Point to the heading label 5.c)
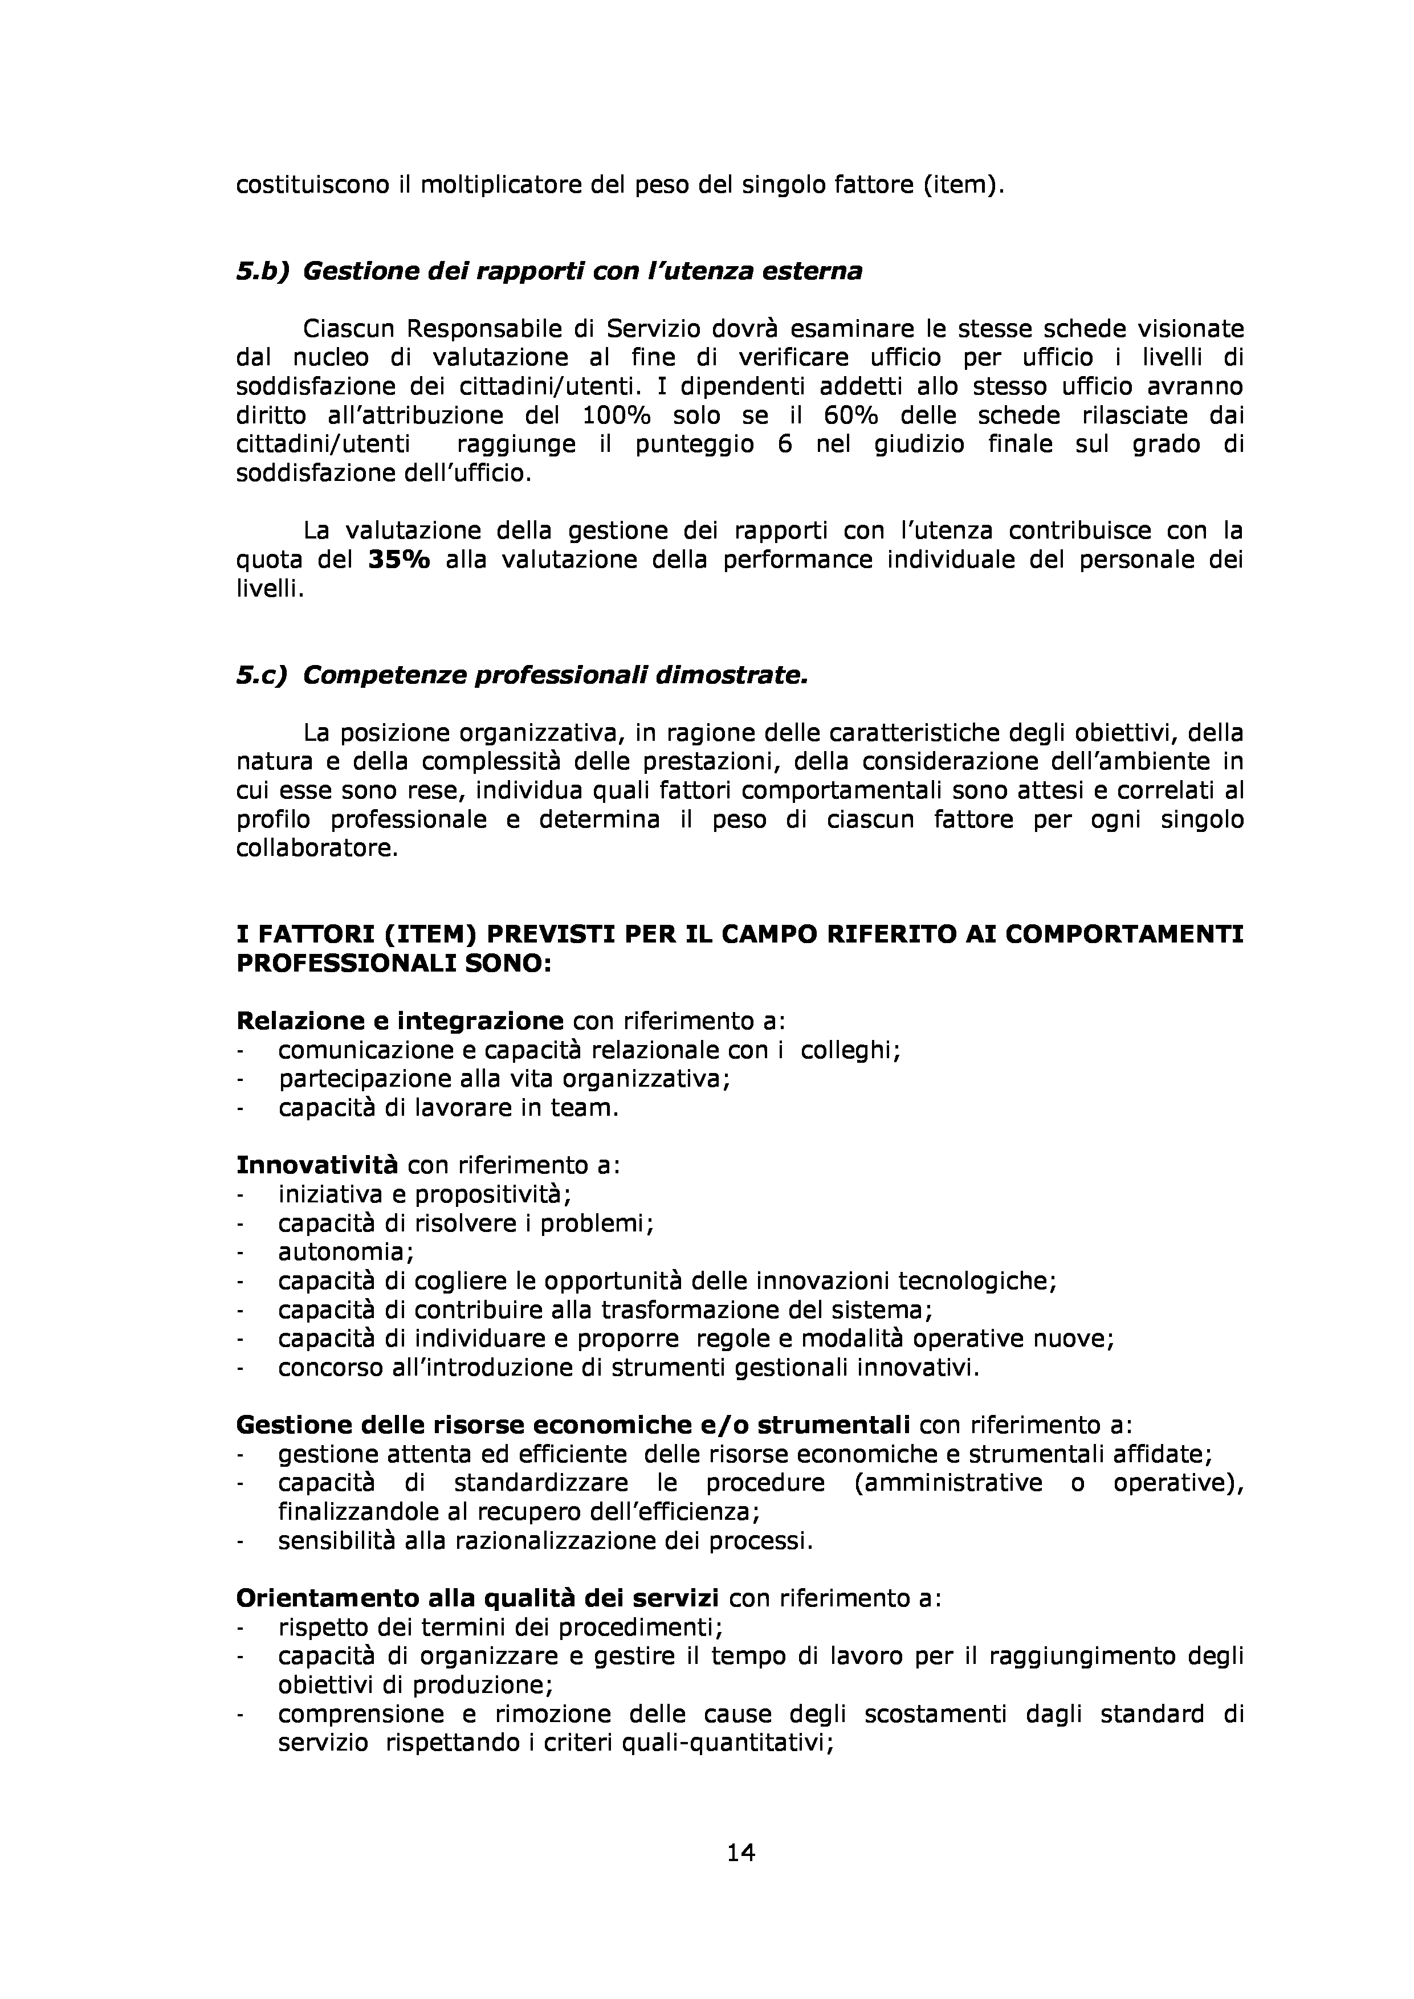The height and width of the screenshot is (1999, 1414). pos(261,676)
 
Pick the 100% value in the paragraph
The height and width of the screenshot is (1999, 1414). pos(620,416)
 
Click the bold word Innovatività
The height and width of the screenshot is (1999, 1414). pos(317,1165)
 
